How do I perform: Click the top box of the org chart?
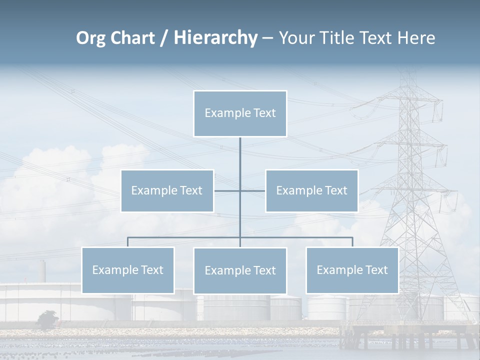click(x=240, y=113)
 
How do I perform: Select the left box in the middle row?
click(x=167, y=190)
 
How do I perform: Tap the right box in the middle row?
click(x=311, y=190)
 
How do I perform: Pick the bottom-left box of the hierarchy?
click(x=128, y=270)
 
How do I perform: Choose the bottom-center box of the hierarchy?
click(x=240, y=270)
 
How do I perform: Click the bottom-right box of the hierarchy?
click(x=352, y=270)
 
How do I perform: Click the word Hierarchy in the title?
click(x=215, y=38)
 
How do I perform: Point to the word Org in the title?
click(x=90, y=38)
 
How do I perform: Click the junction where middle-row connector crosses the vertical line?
click(x=240, y=190)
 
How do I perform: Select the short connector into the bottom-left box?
click(x=128, y=242)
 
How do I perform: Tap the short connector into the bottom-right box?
click(x=352, y=242)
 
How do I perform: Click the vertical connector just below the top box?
click(x=240, y=150)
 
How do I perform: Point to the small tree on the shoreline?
click(x=48, y=318)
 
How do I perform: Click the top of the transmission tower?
click(x=409, y=75)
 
